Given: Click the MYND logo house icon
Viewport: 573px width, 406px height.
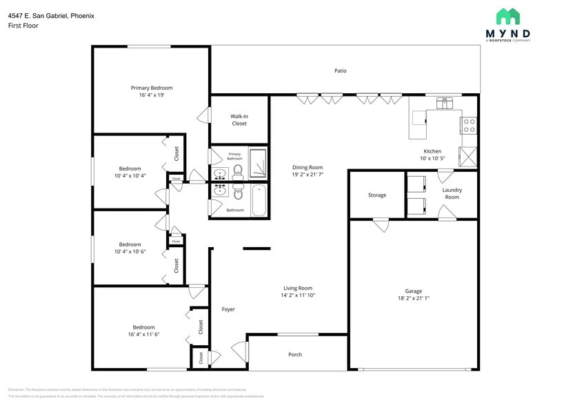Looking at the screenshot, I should pyautogui.click(x=507, y=17).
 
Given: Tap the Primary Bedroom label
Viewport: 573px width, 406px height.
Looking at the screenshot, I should pyautogui.click(x=152, y=88).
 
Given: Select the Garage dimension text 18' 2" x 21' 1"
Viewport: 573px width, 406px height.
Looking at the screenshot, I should pyautogui.click(x=414, y=298).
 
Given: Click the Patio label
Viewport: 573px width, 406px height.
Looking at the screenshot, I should pyautogui.click(x=340, y=70).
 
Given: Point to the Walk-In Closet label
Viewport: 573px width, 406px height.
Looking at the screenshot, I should pyautogui.click(x=239, y=119).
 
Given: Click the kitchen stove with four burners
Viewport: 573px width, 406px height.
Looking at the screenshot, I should pyautogui.click(x=469, y=125).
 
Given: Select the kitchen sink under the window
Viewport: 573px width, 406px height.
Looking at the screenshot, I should pyautogui.click(x=445, y=104).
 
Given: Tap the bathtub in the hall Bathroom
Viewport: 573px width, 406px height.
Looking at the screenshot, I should pyautogui.click(x=259, y=200).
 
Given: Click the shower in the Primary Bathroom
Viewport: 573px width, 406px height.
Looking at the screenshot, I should pyautogui.click(x=258, y=164).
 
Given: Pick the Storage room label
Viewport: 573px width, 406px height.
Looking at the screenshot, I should pyautogui.click(x=377, y=195).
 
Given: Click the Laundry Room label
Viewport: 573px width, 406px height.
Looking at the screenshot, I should pyautogui.click(x=452, y=193).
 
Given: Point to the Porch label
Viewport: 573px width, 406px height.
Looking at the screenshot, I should pyautogui.click(x=295, y=354).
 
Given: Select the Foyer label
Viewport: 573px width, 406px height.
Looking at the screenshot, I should pyautogui.click(x=228, y=309).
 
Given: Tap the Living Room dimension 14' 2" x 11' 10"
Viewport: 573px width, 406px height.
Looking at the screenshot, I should pyautogui.click(x=297, y=295).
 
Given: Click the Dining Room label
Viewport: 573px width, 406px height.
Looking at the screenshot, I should pyautogui.click(x=308, y=167).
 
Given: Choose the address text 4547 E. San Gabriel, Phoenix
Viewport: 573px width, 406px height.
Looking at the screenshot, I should pyautogui.click(x=52, y=15).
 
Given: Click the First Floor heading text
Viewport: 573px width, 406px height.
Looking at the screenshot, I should pyautogui.click(x=23, y=26).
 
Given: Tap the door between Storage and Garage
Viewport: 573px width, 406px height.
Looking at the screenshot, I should pyautogui.click(x=381, y=224).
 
